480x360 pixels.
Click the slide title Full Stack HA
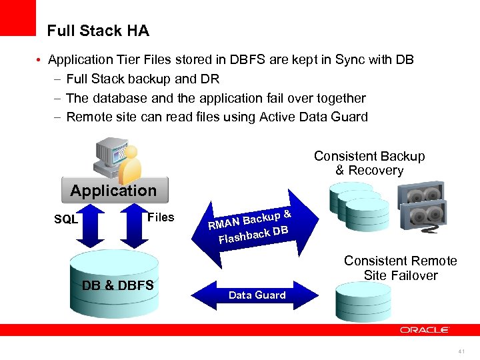coord(98,31)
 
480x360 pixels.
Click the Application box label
coord(113,191)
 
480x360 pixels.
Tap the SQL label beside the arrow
coord(66,219)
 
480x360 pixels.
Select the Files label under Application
coord(161,217)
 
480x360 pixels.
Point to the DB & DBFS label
coord(117,286)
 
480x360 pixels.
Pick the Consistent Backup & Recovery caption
coord(369,163)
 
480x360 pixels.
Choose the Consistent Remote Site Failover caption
coord(400,268)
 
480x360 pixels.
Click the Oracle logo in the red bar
coord(425,329)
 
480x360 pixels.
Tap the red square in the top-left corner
coord(17,17)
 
